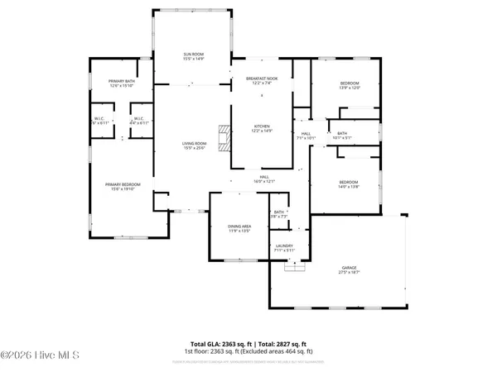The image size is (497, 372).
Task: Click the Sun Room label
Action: (x=193, y=56)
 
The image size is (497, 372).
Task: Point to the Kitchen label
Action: (x=262, y=127)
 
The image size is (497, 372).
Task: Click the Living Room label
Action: (x=193, y=145)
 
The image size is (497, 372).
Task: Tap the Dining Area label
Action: (x=239, y=227)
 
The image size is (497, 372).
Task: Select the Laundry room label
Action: (x=285, y=247)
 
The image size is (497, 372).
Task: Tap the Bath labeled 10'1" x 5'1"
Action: (x=341, y=135)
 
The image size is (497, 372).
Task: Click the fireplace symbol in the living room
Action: (x=220, y=137)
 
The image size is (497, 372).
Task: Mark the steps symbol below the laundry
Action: (x=290, y=266)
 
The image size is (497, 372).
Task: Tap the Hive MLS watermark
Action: (x=40, y=357)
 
